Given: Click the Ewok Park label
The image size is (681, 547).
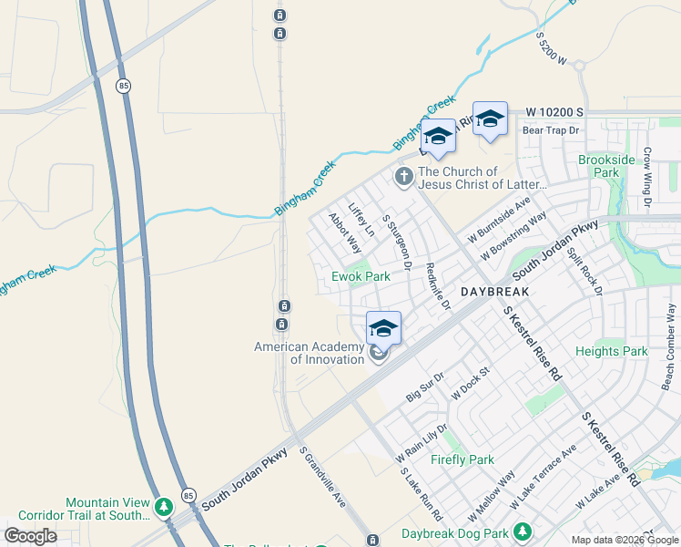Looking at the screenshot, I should coord(361,276).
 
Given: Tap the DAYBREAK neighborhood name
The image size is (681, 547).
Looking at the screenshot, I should coord(494,294).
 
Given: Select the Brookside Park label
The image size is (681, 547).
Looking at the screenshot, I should coord(605,166).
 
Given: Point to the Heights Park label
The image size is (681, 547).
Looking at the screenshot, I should coord(612,351).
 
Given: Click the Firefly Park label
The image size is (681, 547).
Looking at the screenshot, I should coord(462,459).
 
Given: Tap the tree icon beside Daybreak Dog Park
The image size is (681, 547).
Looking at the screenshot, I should coord(522,531).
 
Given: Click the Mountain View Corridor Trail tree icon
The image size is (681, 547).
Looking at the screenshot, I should coord(164,505).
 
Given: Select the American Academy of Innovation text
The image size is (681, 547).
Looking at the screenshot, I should coord(310,353).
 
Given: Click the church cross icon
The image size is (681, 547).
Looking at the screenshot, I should coord(403,175).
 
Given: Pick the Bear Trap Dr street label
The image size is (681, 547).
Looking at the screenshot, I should coord(551,130).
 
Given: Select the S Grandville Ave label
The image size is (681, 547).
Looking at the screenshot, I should coord(323,477).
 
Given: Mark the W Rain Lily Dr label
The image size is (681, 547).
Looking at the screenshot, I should coord(421,442).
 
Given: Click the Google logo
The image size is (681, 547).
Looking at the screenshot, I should coord(30,536).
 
